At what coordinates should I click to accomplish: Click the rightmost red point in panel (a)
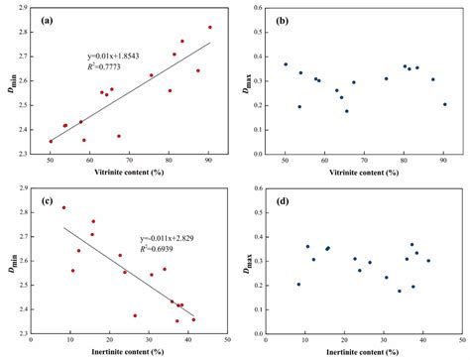tap(209, 28)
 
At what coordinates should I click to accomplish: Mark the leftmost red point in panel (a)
tap(51, 142)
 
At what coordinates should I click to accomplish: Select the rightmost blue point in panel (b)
tap(444, 104)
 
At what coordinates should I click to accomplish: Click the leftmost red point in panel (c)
tap(64, 207)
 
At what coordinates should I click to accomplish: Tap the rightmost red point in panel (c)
tap(193, 319)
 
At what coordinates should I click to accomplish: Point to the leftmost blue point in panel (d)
tap(298, 285)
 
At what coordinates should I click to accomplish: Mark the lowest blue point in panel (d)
tap(400, 292)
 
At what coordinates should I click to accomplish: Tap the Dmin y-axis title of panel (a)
tap(11, 82)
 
